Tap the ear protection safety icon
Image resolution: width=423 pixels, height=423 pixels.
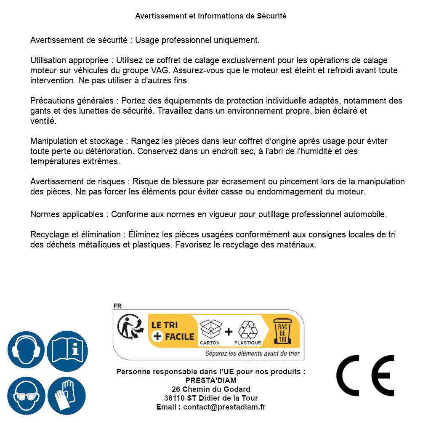pyautogui.click(x=25, y=349)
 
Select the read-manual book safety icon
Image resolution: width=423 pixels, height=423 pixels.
pyautogui.click(x=67, y=349)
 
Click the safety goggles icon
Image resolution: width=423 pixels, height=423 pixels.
pyautogui.click(x=25, y=396)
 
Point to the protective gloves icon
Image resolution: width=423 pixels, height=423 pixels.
pyautogui.click(x=67, y=396)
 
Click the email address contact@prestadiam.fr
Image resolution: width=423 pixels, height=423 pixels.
pyautogui.click(x=224, y=407)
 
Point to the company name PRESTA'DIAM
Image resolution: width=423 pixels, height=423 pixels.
pyautogui.click(x=210, y=380)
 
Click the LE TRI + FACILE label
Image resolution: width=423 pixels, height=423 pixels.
pyautogui.click(x=173, y=331)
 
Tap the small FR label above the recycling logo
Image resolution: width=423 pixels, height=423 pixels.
pyautogui.click(x=117, y=306)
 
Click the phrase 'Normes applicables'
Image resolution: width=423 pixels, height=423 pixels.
pyautogui.click(x=67, y=214)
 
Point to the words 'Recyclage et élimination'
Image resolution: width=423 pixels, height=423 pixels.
pyautogui.click(x=76, y=234)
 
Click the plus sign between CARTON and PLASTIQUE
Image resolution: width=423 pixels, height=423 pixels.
pyautogui.click(x=229, y=332)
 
